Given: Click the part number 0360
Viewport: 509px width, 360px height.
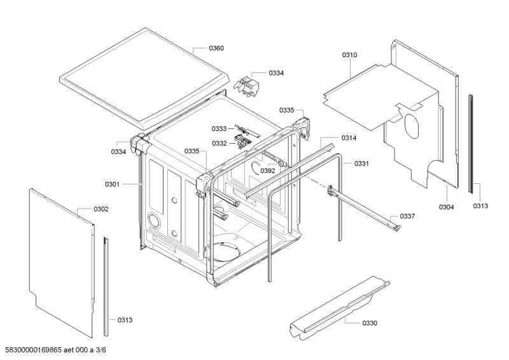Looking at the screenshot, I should coord(216,48).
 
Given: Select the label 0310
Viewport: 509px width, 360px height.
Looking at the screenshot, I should coord(349,55).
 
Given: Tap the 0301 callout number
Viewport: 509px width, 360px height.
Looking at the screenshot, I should coord(112,184).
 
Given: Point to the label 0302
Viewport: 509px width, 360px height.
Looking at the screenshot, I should coord(101,209).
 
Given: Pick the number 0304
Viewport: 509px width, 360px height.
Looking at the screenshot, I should coord(446,207).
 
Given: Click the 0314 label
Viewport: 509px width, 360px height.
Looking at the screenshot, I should coord(349,138).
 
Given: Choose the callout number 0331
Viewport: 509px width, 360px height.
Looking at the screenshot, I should coord(362,163).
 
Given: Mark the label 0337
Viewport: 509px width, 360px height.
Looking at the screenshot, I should coord(407,216).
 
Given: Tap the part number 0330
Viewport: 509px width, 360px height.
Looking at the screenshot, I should coord(370,323).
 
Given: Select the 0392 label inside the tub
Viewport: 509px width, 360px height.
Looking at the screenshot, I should coord(268,170).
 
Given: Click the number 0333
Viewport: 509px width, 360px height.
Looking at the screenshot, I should coord(220,128).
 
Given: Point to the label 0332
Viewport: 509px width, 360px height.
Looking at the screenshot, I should coord(220,143).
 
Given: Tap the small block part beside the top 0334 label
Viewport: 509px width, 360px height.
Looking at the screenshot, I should coord(249,85).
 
